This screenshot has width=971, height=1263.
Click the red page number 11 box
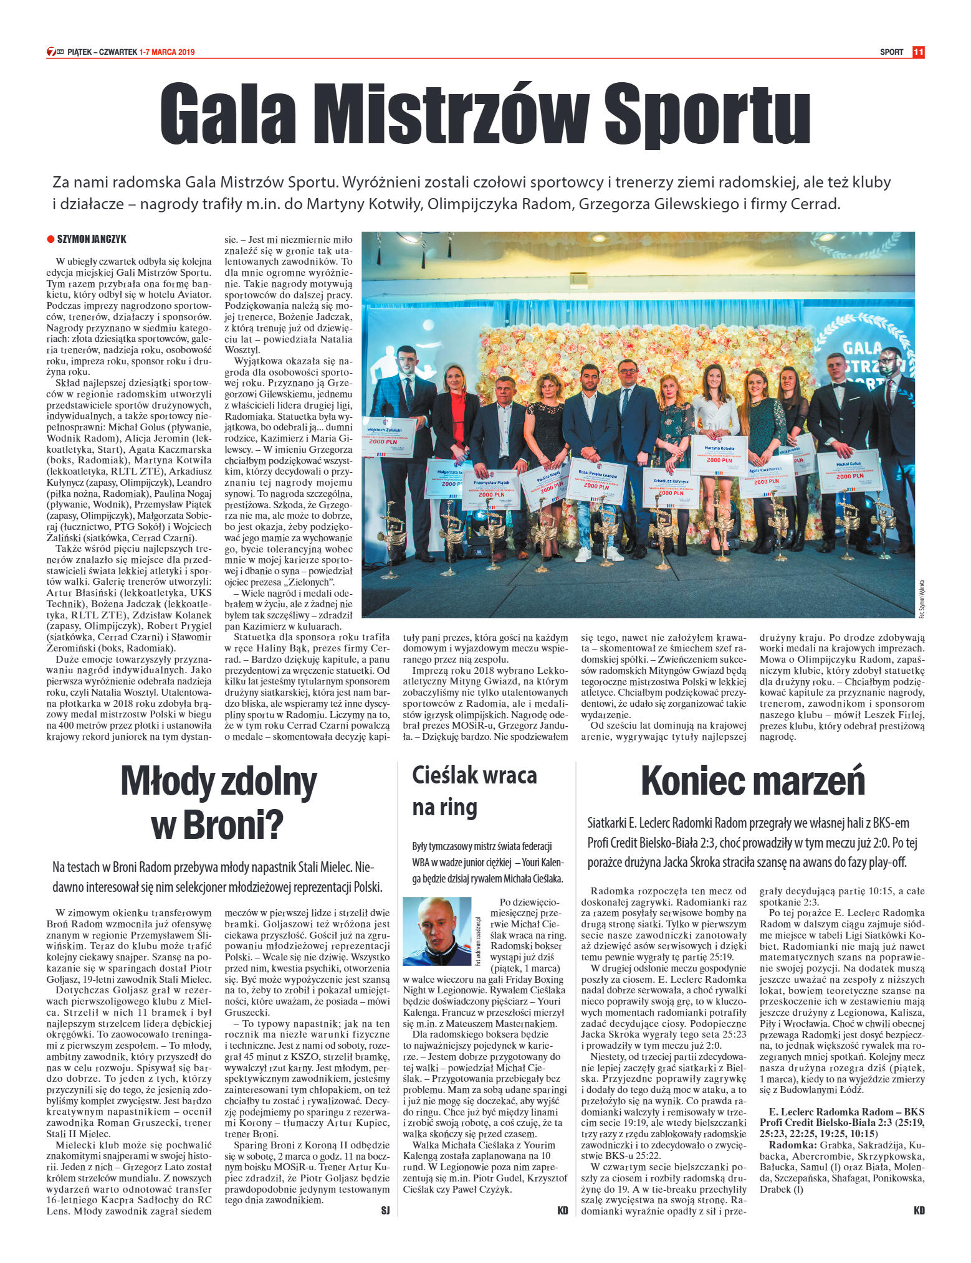tap(918, 52)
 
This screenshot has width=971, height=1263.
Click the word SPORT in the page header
tap(891, 52)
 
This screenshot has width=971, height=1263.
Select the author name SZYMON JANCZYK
tap(92, 239)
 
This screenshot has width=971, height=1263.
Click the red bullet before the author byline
tap(50, 239)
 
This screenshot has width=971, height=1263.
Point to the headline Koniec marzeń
tap(753, 781)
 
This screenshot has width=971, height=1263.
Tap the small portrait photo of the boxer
tap(438, 931)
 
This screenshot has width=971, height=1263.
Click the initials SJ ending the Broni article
tap(385, 1211)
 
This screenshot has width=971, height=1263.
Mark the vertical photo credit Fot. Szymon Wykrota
tap(921, 598)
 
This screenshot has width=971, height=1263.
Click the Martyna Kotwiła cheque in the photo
tap(719, 455)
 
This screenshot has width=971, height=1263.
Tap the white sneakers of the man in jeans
tap(598, 554)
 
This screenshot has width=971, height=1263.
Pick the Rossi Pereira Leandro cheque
tap(596, 480)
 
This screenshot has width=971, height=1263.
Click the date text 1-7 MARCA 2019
tap(166, 52)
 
